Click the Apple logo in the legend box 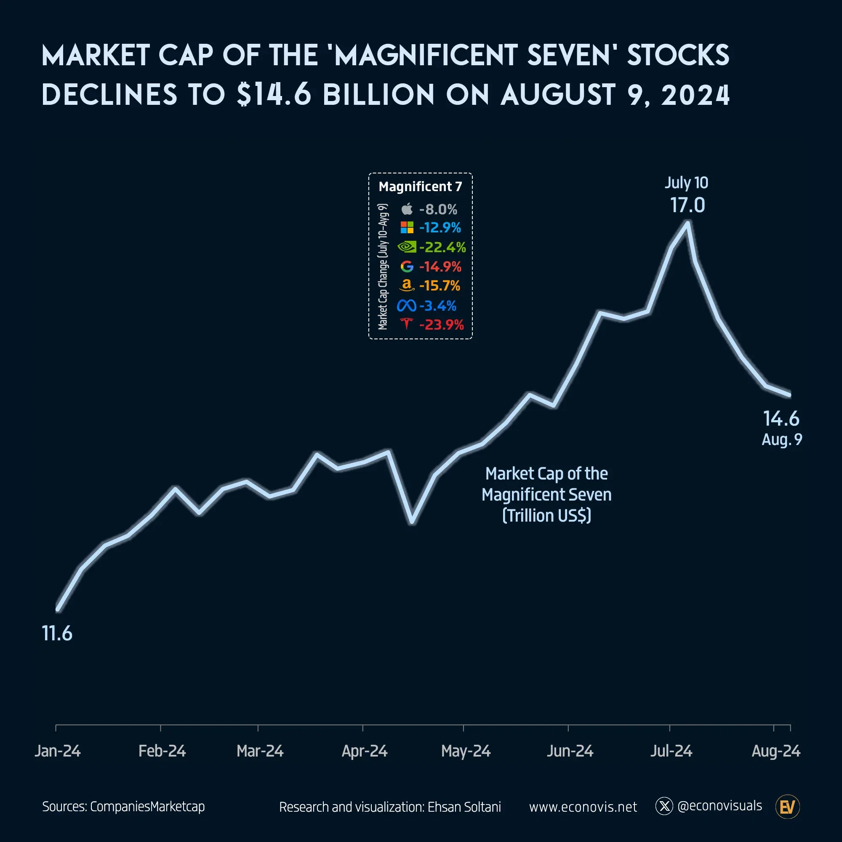pyautogui.click(x=407, y=209)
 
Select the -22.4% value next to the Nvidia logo pyautogui.click(x=442, y=247)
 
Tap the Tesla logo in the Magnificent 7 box pyautogui.click(x=406, y=324)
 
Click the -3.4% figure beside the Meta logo pyautogui.click(x=437, y=306)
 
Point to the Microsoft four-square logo pyautogui.click(x=407, y=227)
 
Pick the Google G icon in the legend pyautogui.click(x=407, y=266)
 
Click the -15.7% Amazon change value pyautogui.click(x=439, y=285)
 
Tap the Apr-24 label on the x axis pyautogui.click(x=364, y=751)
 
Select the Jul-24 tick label pyautogui.click(x=671, y=751)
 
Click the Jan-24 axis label pyautogui.click(x=58, y=751)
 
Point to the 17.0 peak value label pyautogui.click(x=687, y=205)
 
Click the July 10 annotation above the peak pyautogui.click(x=686, y=183)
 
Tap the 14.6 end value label pyautogui.click(x=781, y=418)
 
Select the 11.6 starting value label pyautogui.click(x=57, y=633)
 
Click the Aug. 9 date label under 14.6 pyautogui.click(x=781, y=439)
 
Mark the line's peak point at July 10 pyautogui.click(x=687, y=224)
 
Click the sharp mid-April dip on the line pyautogui.click(x=412, y=522)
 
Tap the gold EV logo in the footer pyautogui.click(x=788, y=807)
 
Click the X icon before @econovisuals pyautogui.click(x=664, y=806)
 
